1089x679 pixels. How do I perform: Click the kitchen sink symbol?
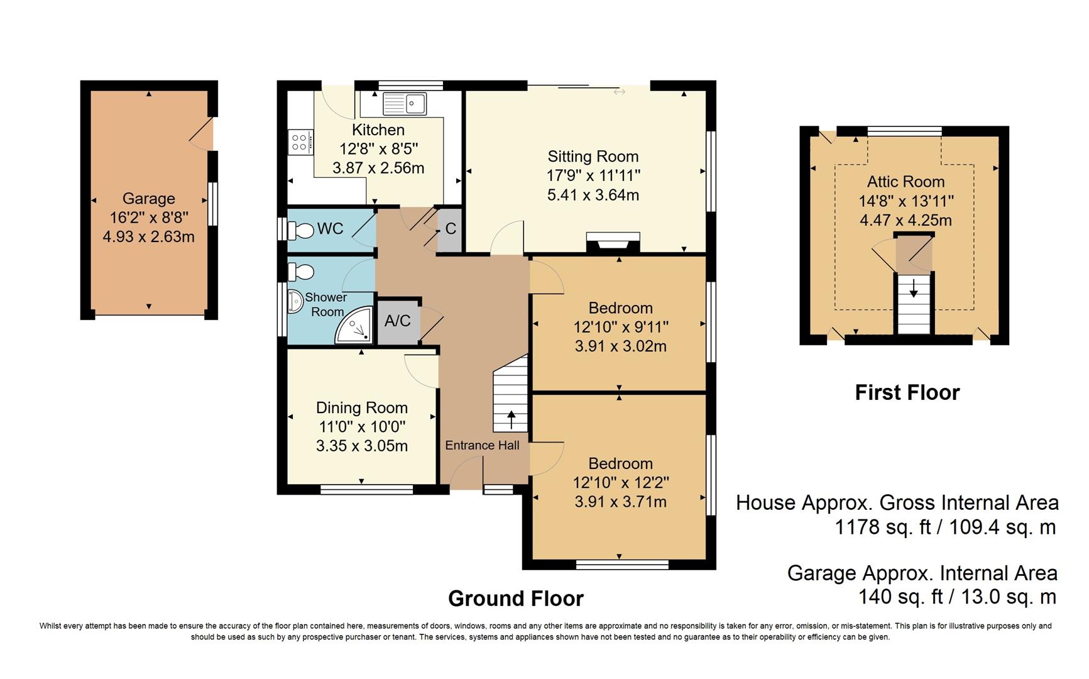(x=405, y=104)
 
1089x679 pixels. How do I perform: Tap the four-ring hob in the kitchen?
(x=299, y=142)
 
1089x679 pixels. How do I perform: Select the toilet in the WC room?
(x=300, y=230)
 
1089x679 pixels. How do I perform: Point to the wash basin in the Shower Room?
(x=294, y=301)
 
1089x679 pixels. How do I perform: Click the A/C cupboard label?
(x=397, y=321)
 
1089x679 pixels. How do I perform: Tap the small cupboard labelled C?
(x=450, y=229)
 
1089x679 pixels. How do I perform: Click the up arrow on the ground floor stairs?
(x=511, y=419)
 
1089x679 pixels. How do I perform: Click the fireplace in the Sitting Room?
(x=613, y=242)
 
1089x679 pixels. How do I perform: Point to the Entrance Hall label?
(x=482, y=445)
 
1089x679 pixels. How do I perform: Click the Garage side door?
(x=202, y=134)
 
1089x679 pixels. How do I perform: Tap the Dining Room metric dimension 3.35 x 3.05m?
(x=362, y=446)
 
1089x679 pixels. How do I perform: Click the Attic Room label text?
(x=906, y=182)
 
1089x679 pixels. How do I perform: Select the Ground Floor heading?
(x=515, y=599)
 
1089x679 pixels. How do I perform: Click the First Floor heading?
(x=907, y=392)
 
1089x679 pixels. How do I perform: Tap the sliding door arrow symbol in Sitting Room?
(x=620, y=92)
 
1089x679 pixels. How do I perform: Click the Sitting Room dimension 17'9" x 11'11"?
(x=593, y=175)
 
